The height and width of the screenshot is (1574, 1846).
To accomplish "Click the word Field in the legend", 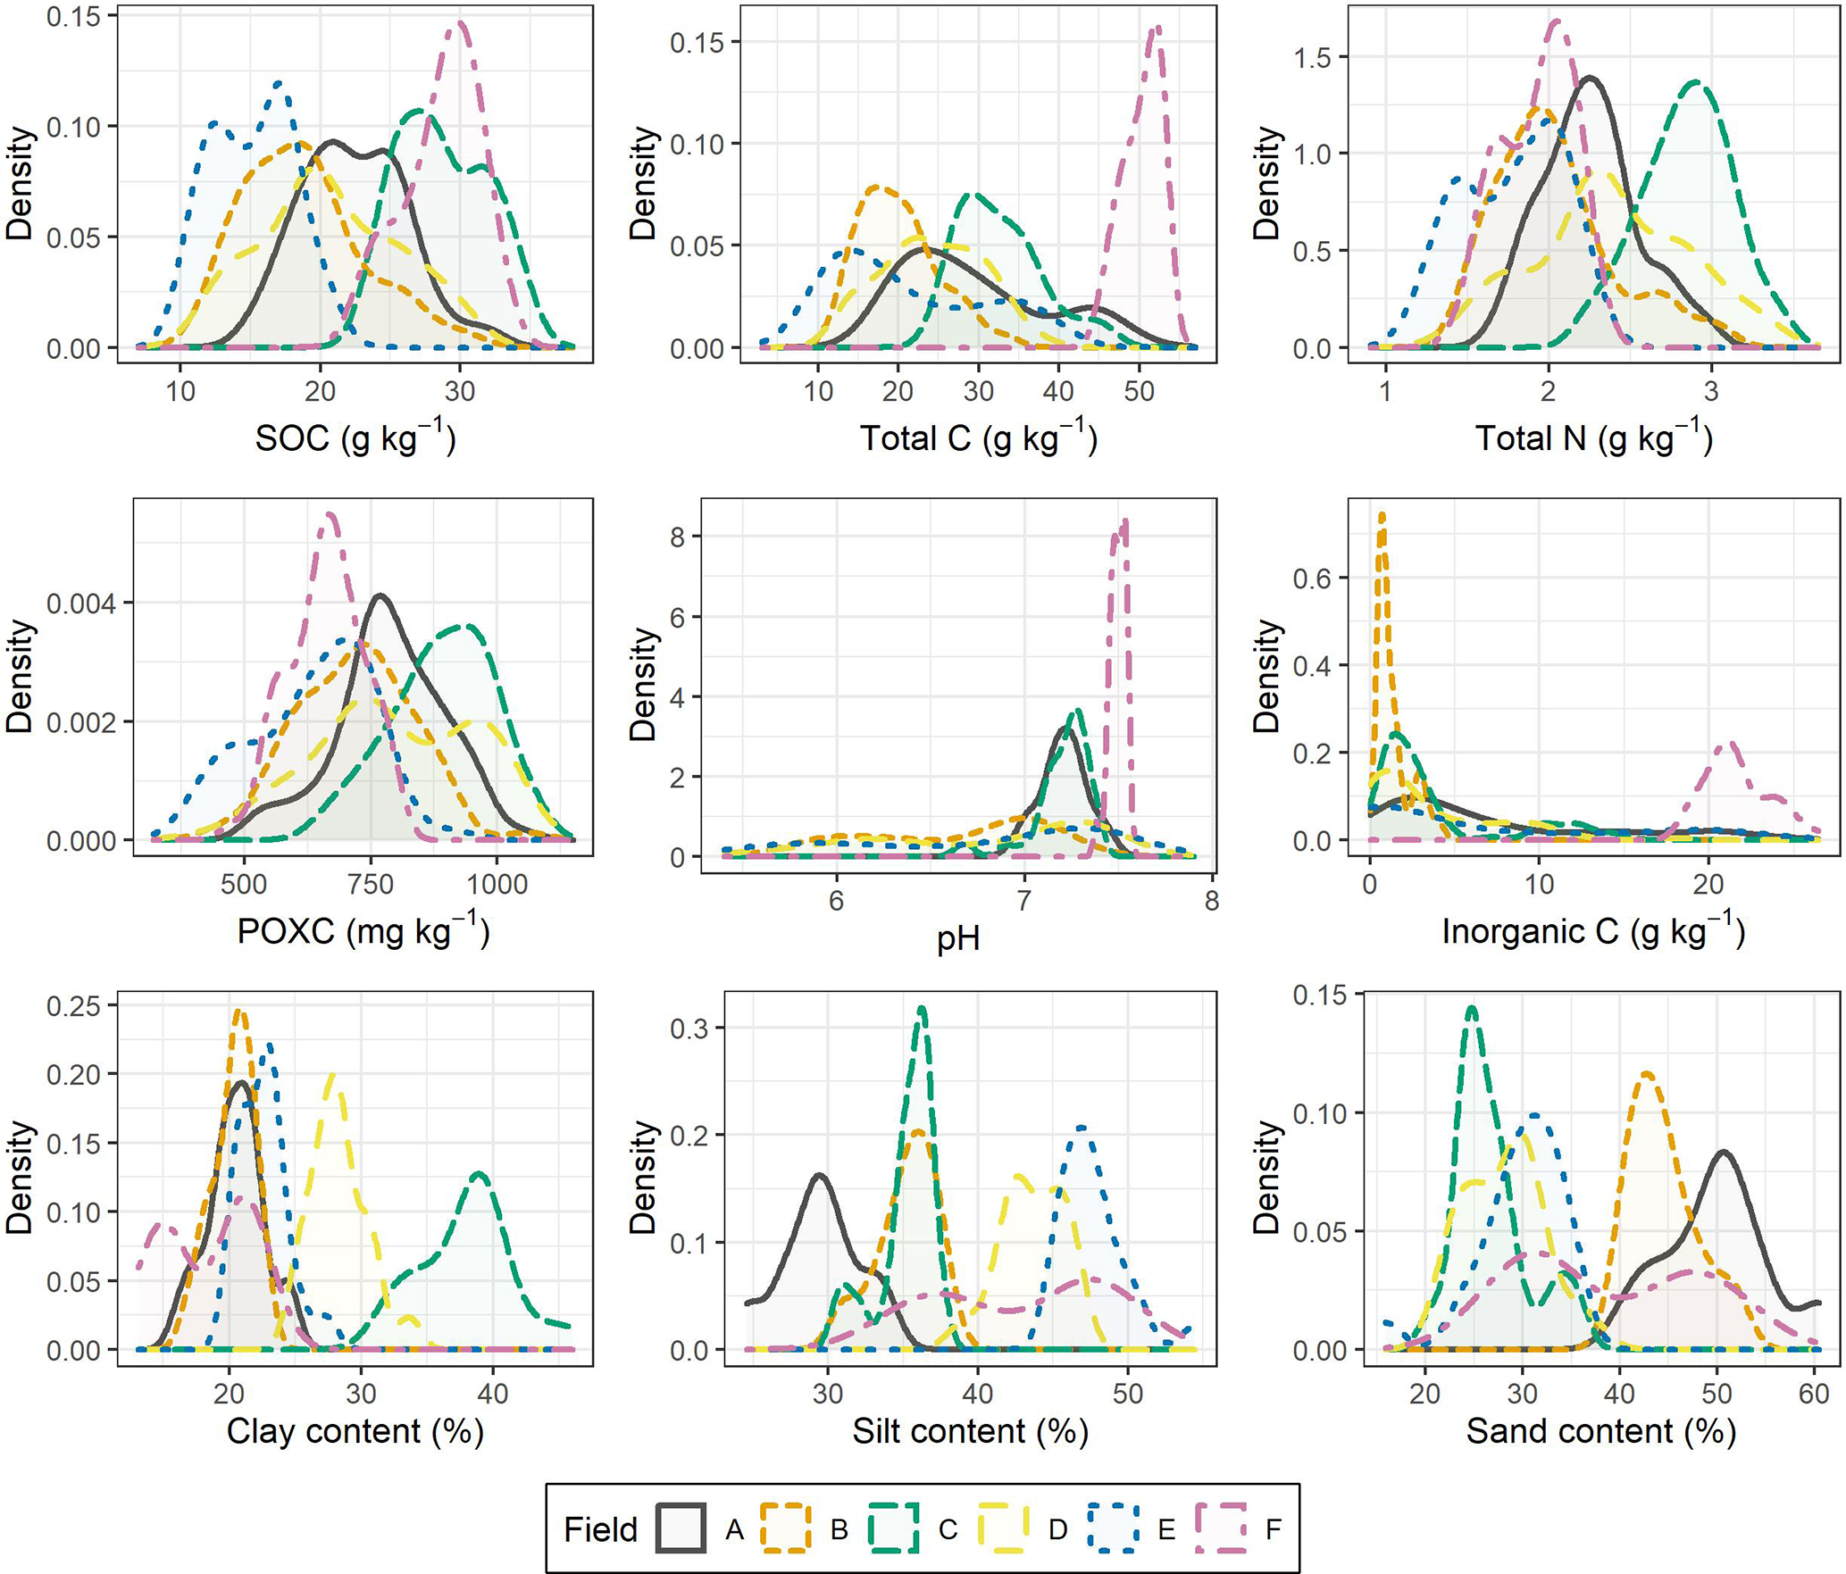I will pos(600,1529).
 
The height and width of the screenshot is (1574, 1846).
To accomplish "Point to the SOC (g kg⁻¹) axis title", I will pos(355,437).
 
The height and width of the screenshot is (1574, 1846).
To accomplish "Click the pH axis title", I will pos(958,938).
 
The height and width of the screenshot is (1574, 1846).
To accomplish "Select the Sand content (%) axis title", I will pos(1600,1431).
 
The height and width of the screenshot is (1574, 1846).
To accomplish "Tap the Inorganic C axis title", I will pos(1592,931).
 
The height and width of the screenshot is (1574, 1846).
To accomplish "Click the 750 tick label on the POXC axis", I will pos(370,885).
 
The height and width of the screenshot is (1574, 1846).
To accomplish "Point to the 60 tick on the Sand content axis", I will pos(1814,1394).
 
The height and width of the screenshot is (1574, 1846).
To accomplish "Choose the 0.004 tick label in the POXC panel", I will pos(80,604).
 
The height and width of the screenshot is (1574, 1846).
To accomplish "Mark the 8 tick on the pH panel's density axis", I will pos(678,537).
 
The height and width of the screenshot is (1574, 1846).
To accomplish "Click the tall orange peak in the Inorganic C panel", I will pos(1382,514).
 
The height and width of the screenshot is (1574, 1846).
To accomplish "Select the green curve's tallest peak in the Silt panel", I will pos(922,1008).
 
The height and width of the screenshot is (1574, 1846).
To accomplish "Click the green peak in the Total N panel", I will pos(1695,82).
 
